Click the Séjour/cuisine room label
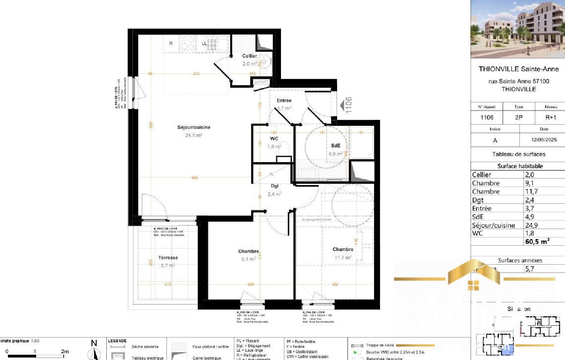point(194,127)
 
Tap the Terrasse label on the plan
point(168,258)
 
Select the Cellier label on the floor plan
point(249,56)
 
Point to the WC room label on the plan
point(274,139)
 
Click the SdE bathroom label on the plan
point(335,146)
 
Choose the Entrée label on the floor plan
point(284,101)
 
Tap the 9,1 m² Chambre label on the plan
point(249,251)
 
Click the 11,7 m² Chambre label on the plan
point(343,250)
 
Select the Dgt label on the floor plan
point(275,186)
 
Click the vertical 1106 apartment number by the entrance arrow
point(349,105)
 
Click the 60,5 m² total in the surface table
point(537,242)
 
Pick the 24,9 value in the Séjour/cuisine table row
point(531,225)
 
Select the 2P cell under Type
point(519,118)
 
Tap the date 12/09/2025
point(544,139)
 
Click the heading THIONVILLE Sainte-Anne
point(518,69)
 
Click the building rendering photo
point(518,29)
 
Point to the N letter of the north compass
point(94,343)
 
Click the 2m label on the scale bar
point(65,351)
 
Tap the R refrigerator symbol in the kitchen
point(171,44)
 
